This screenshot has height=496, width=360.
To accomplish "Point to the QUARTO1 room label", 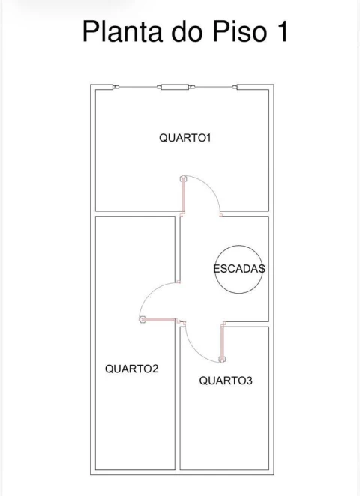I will tap(181, 138).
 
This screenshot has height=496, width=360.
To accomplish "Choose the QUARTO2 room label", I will tap(131, 369).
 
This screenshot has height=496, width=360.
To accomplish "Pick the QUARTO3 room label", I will tap(226, 381).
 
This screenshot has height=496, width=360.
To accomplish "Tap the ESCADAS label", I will tap(239, 269).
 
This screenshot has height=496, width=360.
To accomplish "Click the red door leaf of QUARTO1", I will tap(182, 196).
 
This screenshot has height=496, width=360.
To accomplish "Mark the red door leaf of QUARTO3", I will tap(223, 340).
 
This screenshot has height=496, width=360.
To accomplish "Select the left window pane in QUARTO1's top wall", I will tap(138, 88).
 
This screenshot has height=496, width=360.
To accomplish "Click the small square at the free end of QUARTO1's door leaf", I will tap(182, 179).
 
